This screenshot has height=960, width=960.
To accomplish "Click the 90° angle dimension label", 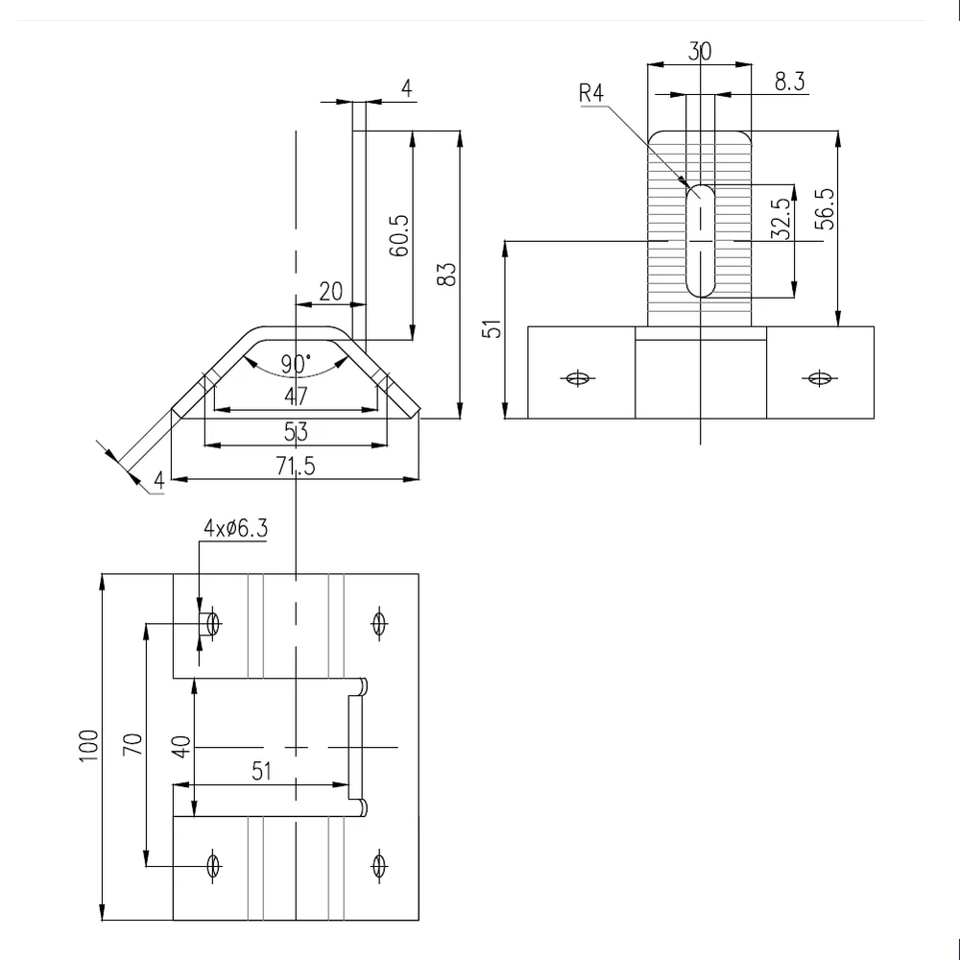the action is click(x=297, y=364).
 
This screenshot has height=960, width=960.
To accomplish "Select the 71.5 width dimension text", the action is click(x=296, y=466).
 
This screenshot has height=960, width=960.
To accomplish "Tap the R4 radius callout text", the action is click(x=591, y=93).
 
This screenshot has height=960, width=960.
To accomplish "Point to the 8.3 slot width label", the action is click(x=790, y=81).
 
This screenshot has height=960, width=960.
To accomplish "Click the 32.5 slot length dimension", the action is click(x=780, y=219).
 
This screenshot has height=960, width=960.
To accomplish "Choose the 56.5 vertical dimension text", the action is click(x=825, y=209).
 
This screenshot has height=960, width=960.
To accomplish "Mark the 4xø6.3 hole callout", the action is click(x=236, y=528).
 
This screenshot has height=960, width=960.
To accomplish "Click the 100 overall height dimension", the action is click(x=88, y=746).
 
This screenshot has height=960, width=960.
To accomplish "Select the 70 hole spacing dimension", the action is click(x=132, y=744).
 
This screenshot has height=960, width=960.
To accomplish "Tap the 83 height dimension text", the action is click(x=447, y=275).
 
